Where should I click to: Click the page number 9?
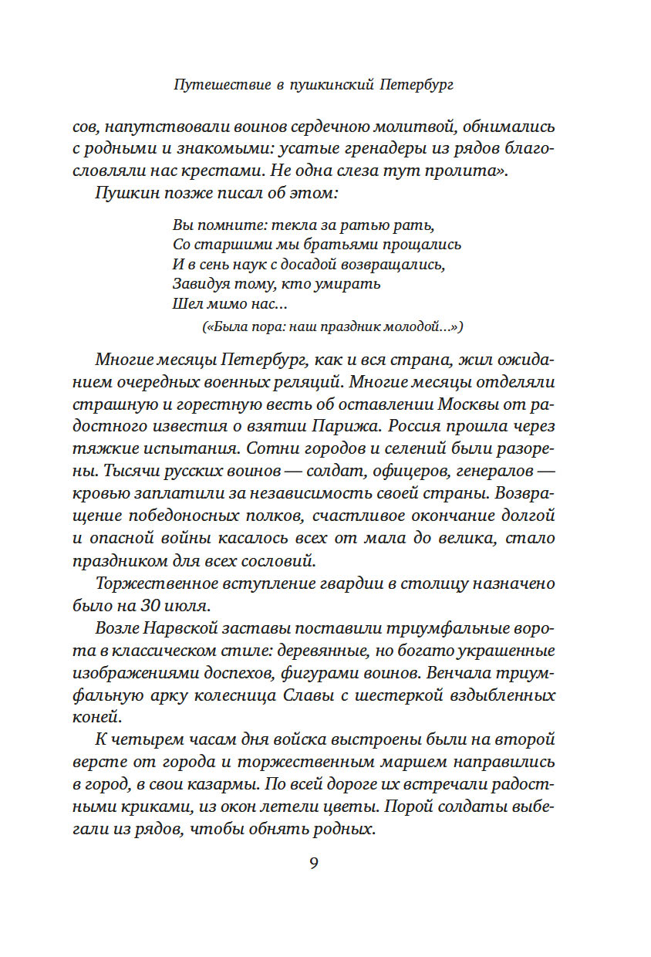coord(314,863)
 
